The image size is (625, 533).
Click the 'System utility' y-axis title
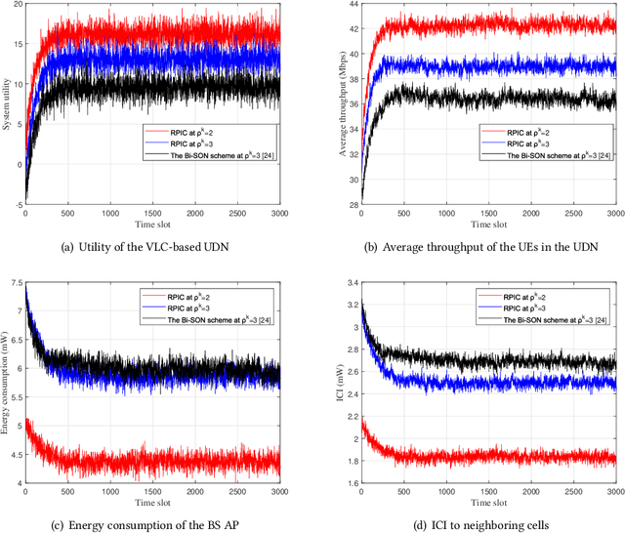click(8, 106)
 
